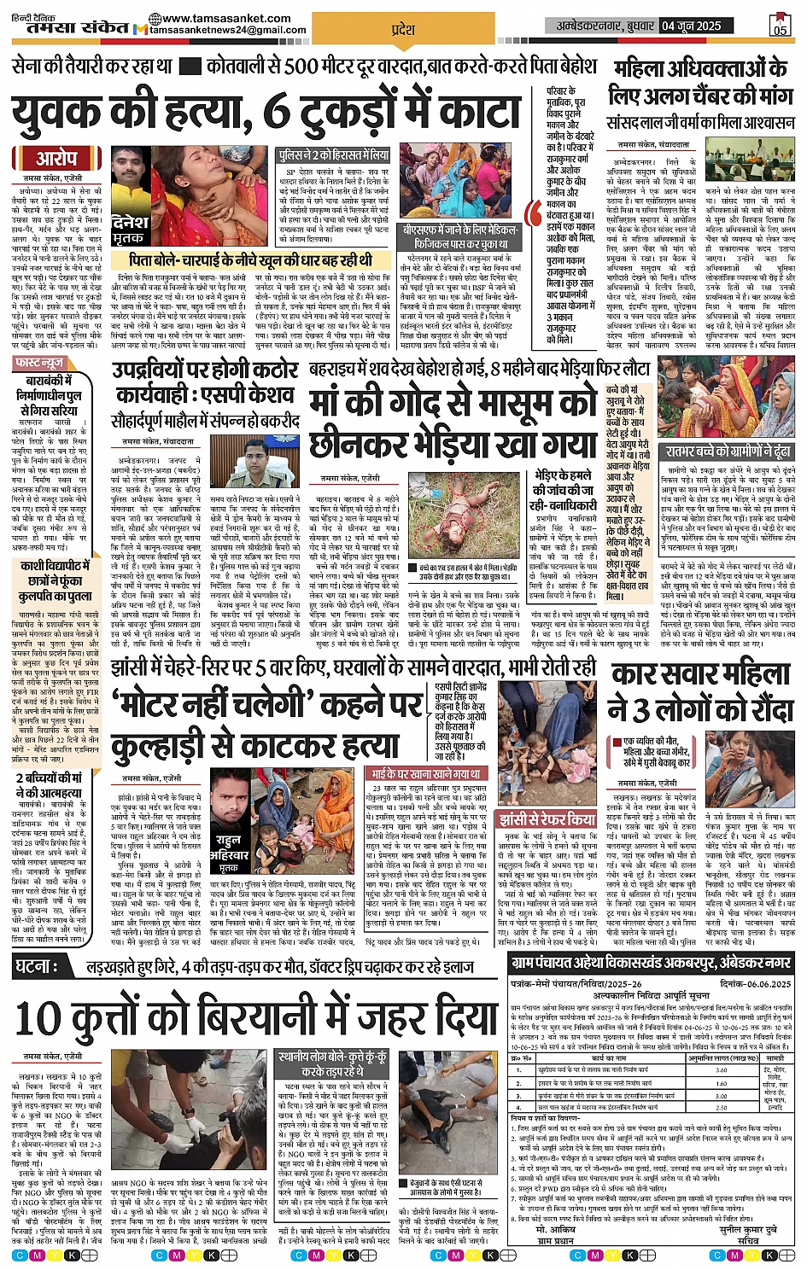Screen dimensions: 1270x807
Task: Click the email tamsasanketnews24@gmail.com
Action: pyautogui.click(x=228, y=30)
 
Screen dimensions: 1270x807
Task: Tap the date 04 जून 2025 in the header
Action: pyautogui.click(x=691, y=26)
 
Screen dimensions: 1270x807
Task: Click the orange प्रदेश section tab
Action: pyautogui.click(x=402, y=30)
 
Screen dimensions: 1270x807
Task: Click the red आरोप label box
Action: pyautogui.click(x=56, y=158)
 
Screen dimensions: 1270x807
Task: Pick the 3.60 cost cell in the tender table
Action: pyautogui.click(x=722, y=1069)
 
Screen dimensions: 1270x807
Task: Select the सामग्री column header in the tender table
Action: pyautogui.click(x=775, y=1057)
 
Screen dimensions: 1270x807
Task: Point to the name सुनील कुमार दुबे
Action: pyautogui.click(x=747, y=1230)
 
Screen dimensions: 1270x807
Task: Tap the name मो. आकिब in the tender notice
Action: pyautogui.click(x=556, y=1230)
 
